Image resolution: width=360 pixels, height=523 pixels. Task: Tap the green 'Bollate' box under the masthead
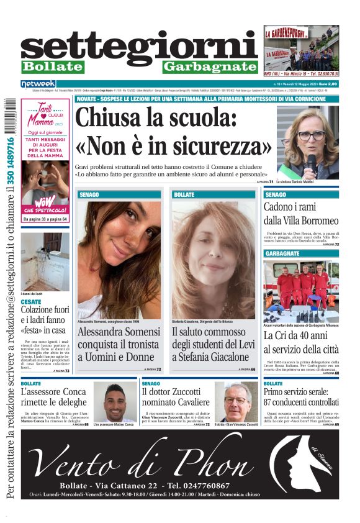pyautogui.click(x=52, y=66)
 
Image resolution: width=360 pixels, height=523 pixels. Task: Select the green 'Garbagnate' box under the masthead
pyautogui.click(x=210, y=66)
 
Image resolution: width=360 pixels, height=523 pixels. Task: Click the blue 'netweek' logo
pyautogui.click(x=38, y=84)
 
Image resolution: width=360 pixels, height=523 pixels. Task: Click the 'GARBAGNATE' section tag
pyautogui.click(x=283, y=254)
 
